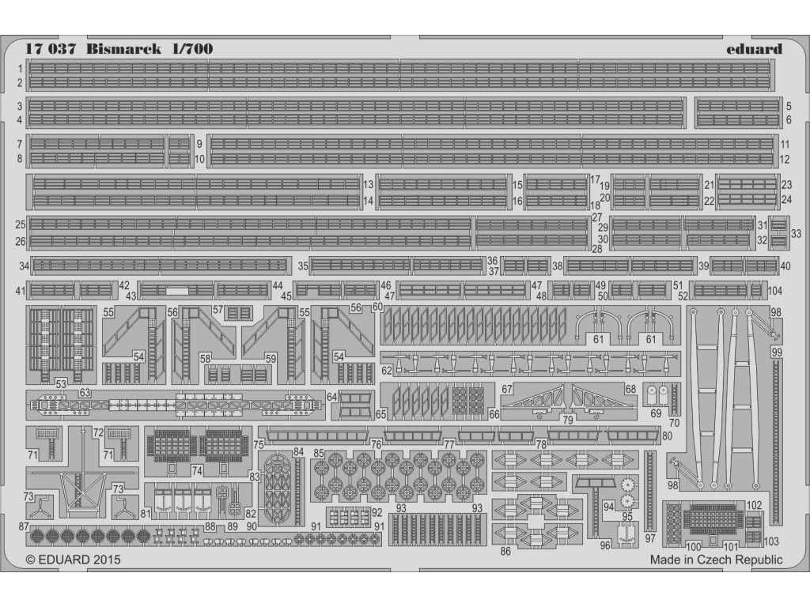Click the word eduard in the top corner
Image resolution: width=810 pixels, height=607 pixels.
pyautogui.click(x=753, y=49)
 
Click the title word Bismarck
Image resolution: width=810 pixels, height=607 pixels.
pyautogui.click(x=123, y=49)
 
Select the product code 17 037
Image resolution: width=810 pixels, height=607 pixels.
pyautogui.click(x=51, y=49)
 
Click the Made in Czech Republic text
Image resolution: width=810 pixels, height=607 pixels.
pyautogui.click(x=716, y=560)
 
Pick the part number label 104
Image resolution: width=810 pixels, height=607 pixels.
pyautogui.click(x=775, y=291)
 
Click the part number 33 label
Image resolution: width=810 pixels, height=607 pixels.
pyautogui.click(x=796, y=233)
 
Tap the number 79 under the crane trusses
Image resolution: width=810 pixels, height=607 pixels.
pyautogui.click(x=568, y=420)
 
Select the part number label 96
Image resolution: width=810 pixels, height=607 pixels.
pyautogui.click(x=604, y=545)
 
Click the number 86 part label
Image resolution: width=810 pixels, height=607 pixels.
pyautogui.click(x=505, y=551)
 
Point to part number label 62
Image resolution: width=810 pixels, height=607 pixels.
pyautogui.click(x=387, y=370)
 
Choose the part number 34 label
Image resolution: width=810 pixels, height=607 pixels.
pyautogui.click(x=24, y=266)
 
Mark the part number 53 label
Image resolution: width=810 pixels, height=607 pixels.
pyautogui.click(x=61, y=384)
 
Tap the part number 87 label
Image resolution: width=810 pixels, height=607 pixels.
pyautogui.click(x=24, y=526)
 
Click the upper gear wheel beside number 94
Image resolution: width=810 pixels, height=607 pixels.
pyautogui.click(x=629, y=484)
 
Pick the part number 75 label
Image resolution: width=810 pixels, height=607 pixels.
pyautogui.click(x=259, y=445)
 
